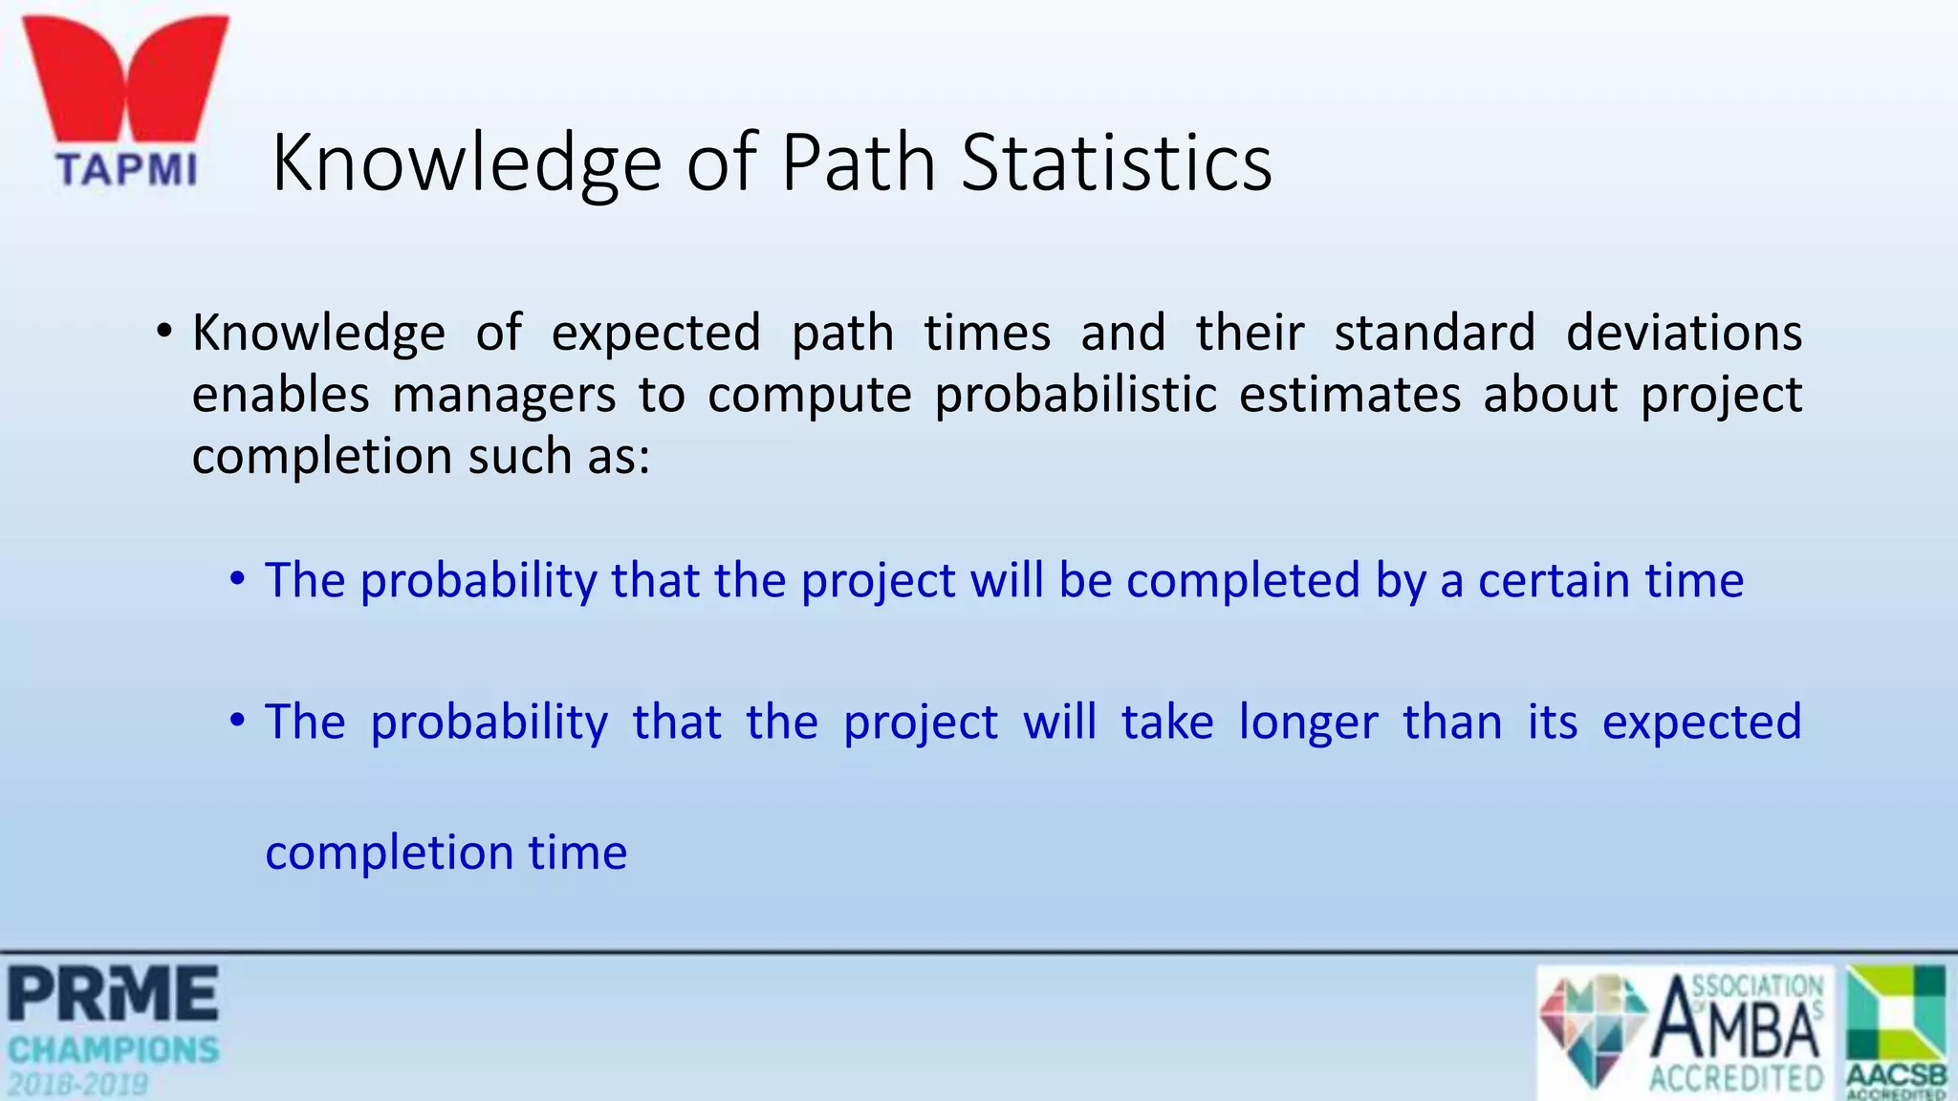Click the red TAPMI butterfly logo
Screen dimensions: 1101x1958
pos(124,81)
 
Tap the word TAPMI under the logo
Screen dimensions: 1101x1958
pos(126,170)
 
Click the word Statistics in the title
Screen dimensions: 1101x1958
pos(1116,162)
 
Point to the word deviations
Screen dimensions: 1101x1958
pos(1684,334)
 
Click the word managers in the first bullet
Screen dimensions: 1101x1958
pos(504,396)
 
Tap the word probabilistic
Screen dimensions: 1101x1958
pos(1076,396)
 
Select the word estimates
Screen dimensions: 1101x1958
pos(1350,396)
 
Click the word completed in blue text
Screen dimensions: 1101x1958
pos(1243,581)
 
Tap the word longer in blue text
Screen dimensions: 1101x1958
pos(1308,723)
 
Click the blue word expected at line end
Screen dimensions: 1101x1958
pos(1702,723)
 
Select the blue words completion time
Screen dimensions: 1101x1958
pos(446,853)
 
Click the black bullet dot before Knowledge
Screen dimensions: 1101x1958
pos(164,333)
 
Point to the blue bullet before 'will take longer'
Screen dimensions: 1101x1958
pos(237,721)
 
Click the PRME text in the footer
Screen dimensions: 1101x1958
pos(113,994)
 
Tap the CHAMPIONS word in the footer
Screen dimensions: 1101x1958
pos(113,1050)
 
